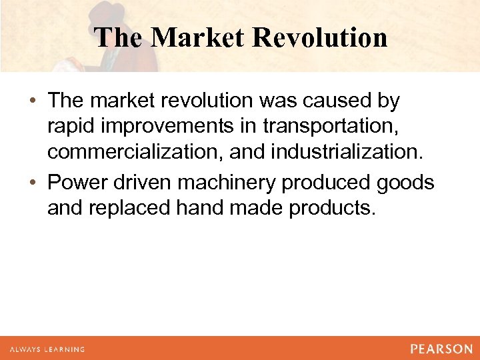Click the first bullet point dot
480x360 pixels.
click(x=34, y=101)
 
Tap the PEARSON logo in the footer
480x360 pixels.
click(x=441, y=349)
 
